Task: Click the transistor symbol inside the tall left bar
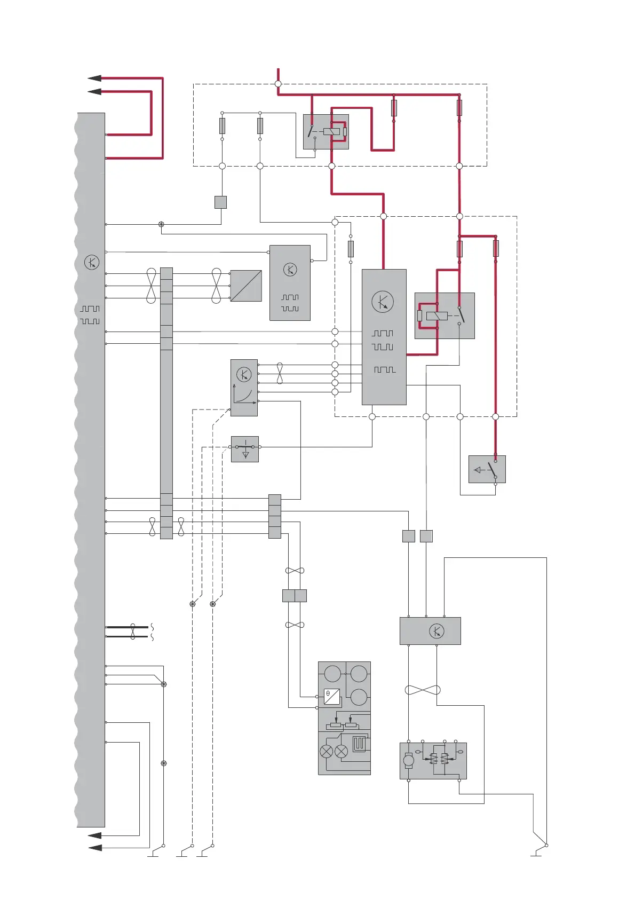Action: [92, 263]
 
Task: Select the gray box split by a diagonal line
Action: [246, 286]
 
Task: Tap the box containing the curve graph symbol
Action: [244, 388]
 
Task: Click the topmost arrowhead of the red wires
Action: [94, 78]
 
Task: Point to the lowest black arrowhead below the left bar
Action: [94, 847]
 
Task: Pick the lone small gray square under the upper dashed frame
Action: [220, 202]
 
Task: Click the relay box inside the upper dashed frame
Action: [326, 131]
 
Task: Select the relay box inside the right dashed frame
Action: [444, 316]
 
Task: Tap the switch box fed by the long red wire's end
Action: [487, 469]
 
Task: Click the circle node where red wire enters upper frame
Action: [278, 84]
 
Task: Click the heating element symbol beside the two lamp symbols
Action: [359, 743]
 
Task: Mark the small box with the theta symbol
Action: [332, 697]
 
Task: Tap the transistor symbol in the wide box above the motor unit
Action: [436, 631]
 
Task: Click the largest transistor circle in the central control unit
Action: [383, 302]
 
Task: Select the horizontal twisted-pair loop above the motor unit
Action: [423, 690]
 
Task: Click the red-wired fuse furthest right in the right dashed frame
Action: [496, 248]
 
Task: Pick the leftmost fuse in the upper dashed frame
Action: [222, 126]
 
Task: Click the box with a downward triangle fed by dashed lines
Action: [245, 449]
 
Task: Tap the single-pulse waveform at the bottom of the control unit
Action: [385, 369]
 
